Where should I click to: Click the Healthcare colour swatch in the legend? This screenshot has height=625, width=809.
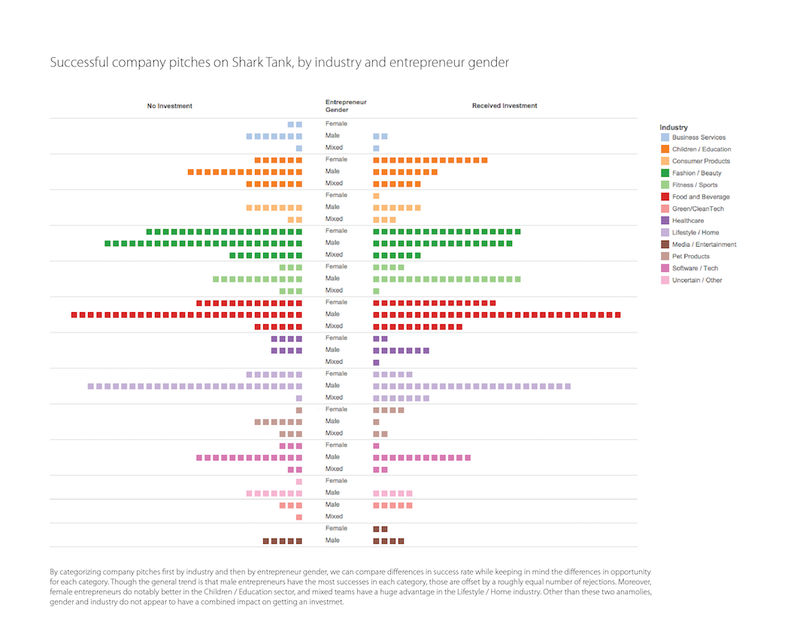(x=665, y=220)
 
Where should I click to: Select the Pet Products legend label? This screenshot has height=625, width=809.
(x=690, y=256)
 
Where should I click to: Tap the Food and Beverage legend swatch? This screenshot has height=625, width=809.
(x=665, y=196)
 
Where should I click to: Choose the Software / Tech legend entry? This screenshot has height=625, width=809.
(x=695, y=269)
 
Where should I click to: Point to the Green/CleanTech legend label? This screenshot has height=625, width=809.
(x=698, y=208)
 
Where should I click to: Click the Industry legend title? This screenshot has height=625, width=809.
(x=674, y=127)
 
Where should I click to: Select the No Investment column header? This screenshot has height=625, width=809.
(x=169, y=106)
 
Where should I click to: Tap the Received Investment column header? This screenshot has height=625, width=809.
(x=504, y=106)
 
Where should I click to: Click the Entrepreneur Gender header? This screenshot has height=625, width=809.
(x=346, y=106)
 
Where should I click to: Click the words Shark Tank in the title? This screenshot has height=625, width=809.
(x=256, y=62)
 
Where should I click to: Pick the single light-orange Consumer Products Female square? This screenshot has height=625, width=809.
(x=376, y=196)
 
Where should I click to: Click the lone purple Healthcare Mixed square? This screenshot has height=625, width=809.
(x=376, y=363)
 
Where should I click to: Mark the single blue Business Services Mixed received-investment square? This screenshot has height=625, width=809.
(x=376, y=149)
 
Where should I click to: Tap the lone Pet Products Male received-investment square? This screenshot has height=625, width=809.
(x=376, y=422)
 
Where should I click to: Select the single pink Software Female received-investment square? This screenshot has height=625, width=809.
(x=376, y=446)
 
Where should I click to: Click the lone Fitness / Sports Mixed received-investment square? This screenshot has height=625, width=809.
(x=376, y=291)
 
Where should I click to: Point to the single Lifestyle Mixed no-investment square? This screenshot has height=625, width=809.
(x=298, y=399)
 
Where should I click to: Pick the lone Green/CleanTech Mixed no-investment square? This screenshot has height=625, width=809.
(x=298, y=517)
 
